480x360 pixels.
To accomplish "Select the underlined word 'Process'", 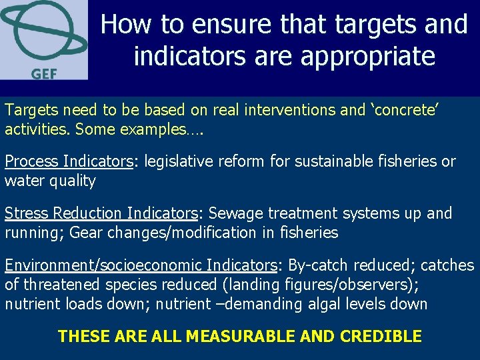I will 32,161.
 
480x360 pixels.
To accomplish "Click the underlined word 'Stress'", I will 27,213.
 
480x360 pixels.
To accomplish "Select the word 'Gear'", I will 85,233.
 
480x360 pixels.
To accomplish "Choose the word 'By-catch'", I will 317,265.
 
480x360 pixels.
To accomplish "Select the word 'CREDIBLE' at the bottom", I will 381,336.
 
